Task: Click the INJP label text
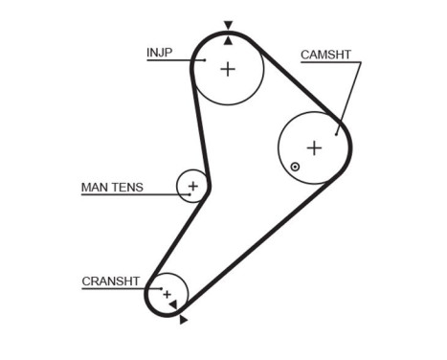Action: pos(160,52)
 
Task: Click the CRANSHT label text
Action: pos(111,281)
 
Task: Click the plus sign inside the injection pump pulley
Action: pos(228,69)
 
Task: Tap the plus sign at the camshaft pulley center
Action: pos(314,147)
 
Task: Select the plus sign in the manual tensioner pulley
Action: pos(193,186)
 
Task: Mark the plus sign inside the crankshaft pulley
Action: pos(167,293)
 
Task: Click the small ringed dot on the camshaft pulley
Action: pos(296,167)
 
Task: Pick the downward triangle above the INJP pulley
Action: pos(228,26)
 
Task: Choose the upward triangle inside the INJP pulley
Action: pos(228,41)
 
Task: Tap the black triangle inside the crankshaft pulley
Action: pos(172,304)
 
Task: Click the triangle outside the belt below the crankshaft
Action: pos(183,319)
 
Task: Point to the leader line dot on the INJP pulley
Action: pos(205,60)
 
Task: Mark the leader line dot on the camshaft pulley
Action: pos(337,131)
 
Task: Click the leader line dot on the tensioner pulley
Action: pos(190,194)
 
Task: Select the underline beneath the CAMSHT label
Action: pos(330,64)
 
